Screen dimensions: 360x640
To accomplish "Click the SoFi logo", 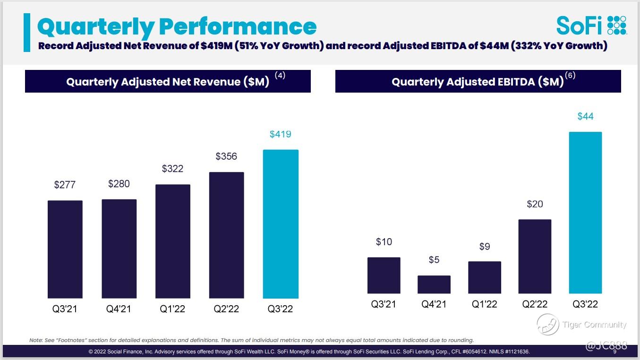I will coord(591,25).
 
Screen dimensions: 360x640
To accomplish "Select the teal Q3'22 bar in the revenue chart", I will coord(281,224).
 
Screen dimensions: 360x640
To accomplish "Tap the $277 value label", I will coord(65,185).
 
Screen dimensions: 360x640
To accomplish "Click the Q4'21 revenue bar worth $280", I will coord(119,249).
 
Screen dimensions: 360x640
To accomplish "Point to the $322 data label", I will coord(172,169).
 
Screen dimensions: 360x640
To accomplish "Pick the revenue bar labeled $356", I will coord(227,235).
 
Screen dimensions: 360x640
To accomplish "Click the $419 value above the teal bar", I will coord(281,134).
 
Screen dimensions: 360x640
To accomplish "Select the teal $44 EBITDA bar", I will coord(585,213).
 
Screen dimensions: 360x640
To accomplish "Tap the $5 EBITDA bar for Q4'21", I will coord(434,284).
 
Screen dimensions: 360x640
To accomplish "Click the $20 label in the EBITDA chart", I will coord(535,204).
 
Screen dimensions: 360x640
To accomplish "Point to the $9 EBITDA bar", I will coord(485,277).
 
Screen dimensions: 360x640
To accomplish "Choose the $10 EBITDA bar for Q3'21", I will coord(384,275).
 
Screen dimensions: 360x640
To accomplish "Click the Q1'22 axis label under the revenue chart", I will coord(172,309).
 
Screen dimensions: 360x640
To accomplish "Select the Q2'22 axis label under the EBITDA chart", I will coord(535,304).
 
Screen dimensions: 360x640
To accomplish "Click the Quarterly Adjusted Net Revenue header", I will coord(168,81).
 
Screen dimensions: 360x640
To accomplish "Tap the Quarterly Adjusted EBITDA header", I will coord(478,81).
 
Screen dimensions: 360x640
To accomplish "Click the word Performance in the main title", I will coord(238,26).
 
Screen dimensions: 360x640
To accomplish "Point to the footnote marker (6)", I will coord(570,75).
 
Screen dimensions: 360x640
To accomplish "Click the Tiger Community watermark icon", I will coord(548,325).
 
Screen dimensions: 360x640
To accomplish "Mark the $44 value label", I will coord(585,116).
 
